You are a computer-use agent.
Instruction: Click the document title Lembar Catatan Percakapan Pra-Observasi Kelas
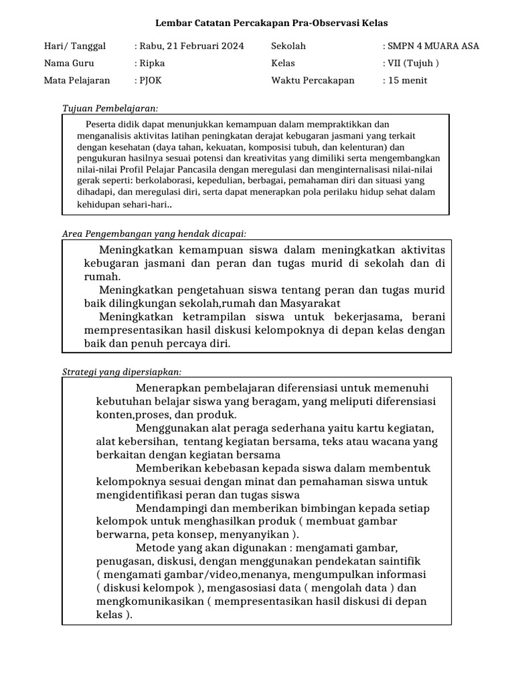272,23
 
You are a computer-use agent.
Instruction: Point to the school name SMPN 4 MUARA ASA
432,46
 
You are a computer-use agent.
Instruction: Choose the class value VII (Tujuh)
412,64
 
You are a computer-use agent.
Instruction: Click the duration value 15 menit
406,81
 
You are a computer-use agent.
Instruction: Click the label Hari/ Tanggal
75,46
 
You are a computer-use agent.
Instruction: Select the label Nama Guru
69,64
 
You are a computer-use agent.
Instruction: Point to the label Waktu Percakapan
313,81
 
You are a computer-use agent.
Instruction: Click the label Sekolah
288,46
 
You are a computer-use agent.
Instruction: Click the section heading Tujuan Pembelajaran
110,108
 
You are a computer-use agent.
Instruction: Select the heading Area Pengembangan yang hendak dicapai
154,233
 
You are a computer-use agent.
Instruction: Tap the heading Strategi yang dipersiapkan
122,372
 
